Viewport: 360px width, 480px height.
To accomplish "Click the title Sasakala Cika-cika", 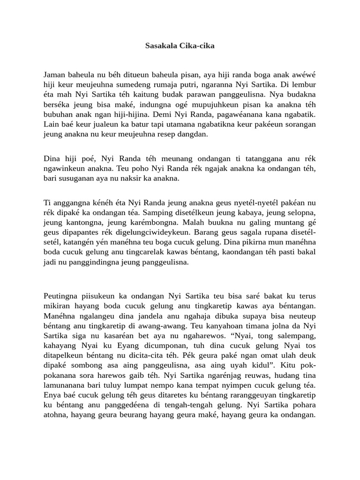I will coord(180,46).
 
